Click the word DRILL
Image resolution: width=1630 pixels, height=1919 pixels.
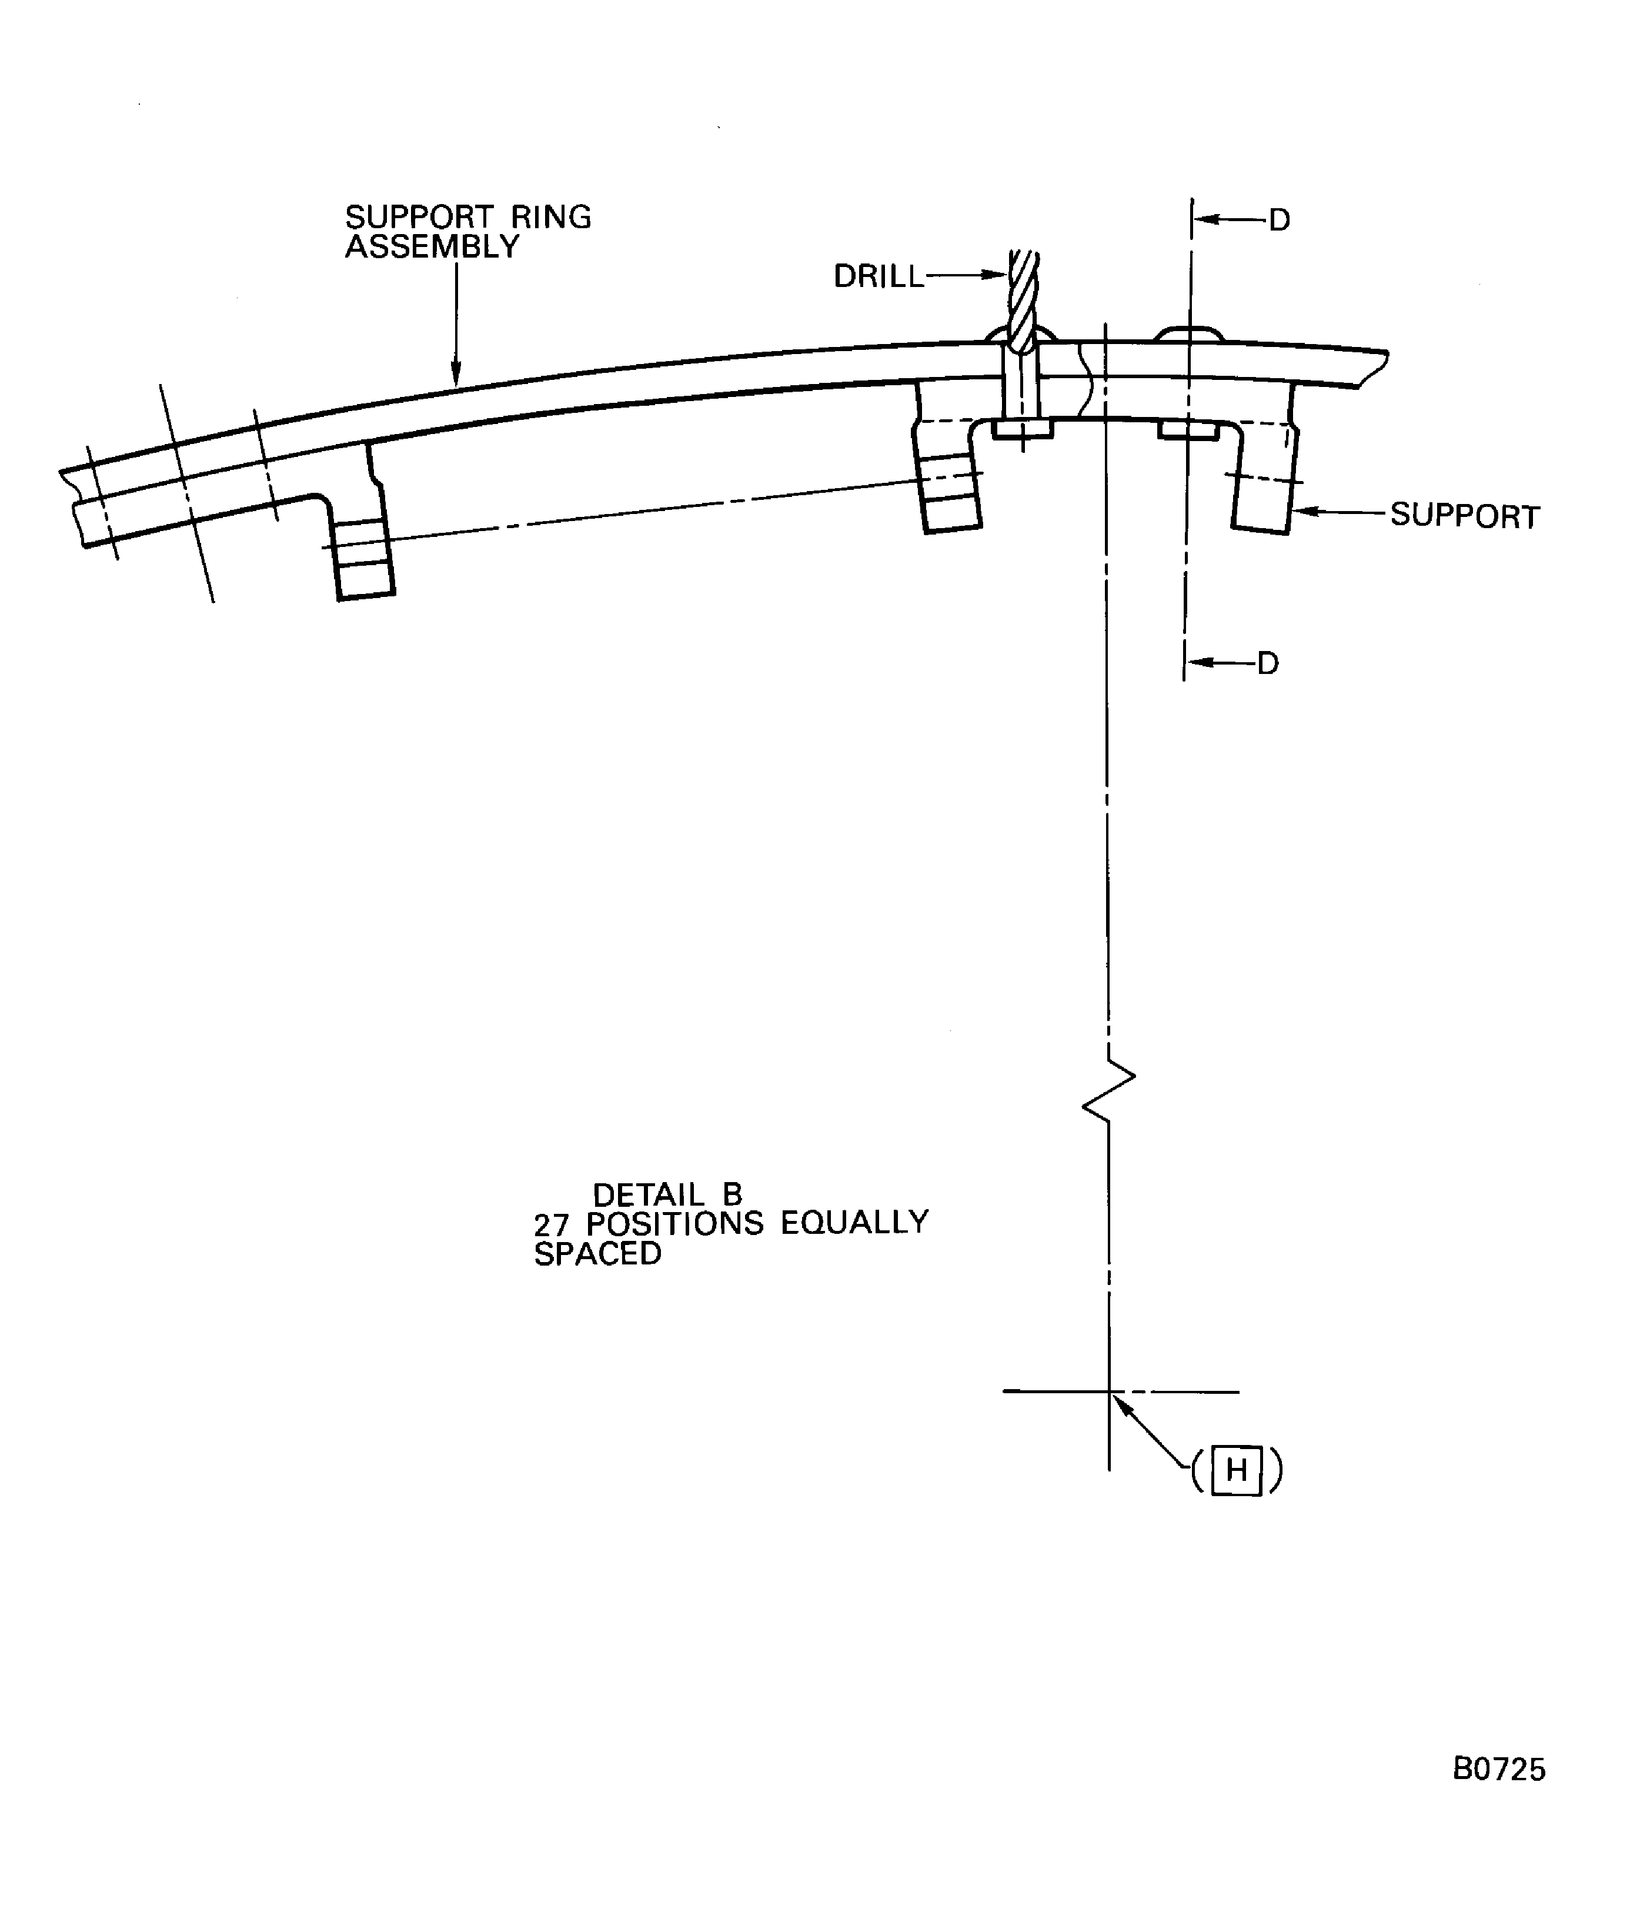(x=878, y=276)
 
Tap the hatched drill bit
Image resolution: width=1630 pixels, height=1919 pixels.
(x=1024, y=301)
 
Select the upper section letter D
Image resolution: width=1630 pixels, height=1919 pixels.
(x=1279, y=221)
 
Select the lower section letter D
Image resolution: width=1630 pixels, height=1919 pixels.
(x=1268, y=663)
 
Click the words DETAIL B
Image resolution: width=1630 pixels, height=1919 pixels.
(x=667, y=1194)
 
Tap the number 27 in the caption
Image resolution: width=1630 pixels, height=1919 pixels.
(x=551, y=1224)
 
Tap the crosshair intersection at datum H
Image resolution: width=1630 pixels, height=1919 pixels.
(x=1109, y=1390)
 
